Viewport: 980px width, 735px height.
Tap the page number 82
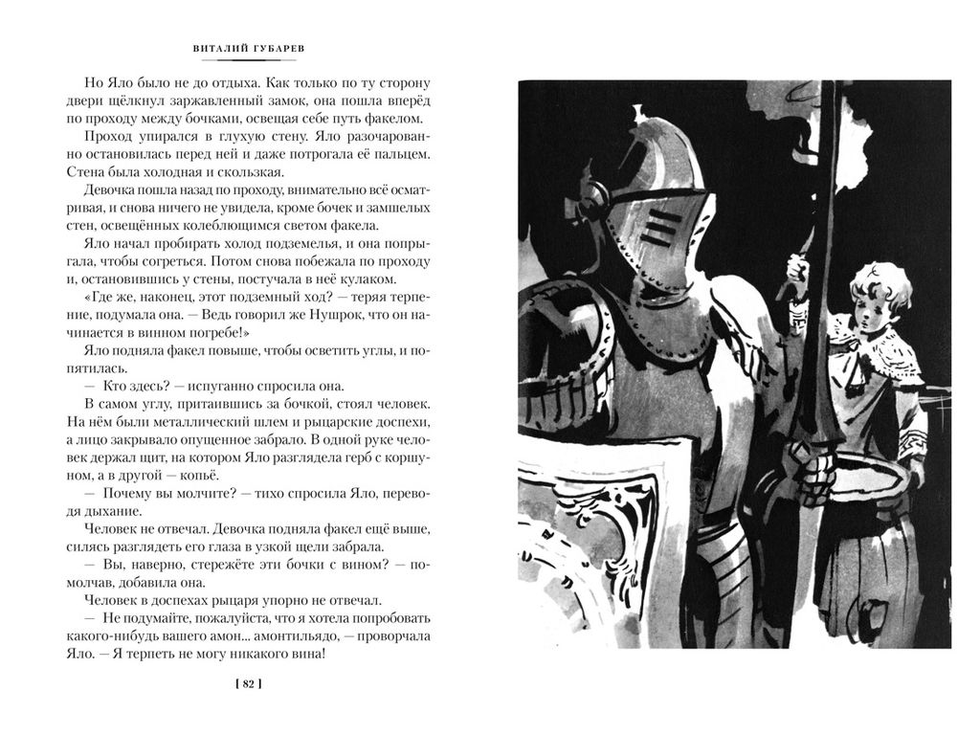click(x=247, y=683)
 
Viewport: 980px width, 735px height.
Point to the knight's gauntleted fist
click(x=813, y=473)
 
